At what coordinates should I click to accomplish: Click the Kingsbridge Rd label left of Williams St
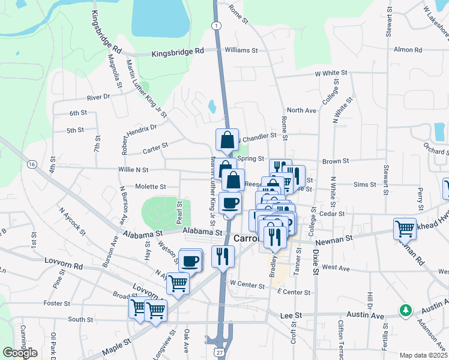click(x=178, y=52)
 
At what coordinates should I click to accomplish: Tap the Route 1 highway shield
click(x=215, y=24)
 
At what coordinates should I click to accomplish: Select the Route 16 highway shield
click(x=32, y=164)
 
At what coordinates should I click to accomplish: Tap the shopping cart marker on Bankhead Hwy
click(x=405, y=228)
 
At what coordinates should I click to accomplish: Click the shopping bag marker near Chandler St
click(x=228, y=140)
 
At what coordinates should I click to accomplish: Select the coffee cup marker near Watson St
click(x=191, y=260)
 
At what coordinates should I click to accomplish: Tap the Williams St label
click(x=241, y=51)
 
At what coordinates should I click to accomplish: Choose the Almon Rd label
click(x=409, y=50)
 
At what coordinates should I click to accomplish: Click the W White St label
click(x=331, y=73)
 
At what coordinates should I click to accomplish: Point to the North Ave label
click(x=301, y=110)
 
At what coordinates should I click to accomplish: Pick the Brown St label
click(x=336, y=161)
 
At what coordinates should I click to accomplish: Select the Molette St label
click(x=150, y=187)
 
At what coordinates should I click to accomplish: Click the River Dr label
click(x=98, y=97)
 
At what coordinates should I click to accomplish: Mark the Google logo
click(x=20, y=352)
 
